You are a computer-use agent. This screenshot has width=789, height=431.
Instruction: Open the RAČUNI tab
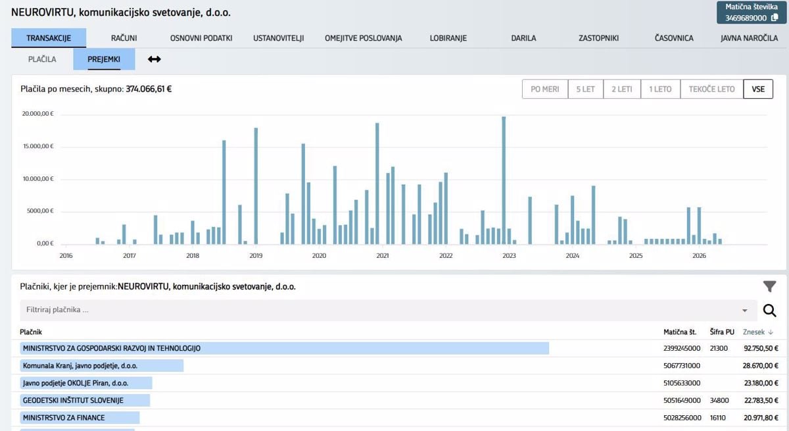pos(124,38)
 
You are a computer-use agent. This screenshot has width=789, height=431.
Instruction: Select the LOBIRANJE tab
pos(448,38)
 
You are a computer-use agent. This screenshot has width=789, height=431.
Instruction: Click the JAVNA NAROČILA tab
pos(749,38)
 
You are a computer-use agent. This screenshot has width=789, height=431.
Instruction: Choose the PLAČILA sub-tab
pos(42,59)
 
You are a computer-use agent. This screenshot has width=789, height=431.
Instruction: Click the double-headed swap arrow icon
pos(155,59)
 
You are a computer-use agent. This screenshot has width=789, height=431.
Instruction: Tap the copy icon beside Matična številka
pos(775,18)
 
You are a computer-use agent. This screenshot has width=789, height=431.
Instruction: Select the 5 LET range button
pos(585,89)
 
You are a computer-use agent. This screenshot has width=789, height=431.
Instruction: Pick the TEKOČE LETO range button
pos(711,89)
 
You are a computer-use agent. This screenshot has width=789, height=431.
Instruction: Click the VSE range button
pos(758,89)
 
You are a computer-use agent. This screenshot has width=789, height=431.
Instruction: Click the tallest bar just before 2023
pos(504,180)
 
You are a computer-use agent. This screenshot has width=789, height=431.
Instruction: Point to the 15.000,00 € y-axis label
pos(38,146)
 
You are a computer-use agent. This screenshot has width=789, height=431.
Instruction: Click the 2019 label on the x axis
pos(256,256)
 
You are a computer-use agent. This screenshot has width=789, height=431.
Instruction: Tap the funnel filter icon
pos(770,286)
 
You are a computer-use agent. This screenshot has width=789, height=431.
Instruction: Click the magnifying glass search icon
pos(770,311)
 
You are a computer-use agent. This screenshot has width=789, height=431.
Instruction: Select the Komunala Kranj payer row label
pos(80,366)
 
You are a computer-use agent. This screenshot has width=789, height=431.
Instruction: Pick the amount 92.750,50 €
pos(761,349)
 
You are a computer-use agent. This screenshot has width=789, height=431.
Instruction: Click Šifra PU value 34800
pos(719,400)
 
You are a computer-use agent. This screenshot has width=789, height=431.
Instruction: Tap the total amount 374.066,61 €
pos(149,89)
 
